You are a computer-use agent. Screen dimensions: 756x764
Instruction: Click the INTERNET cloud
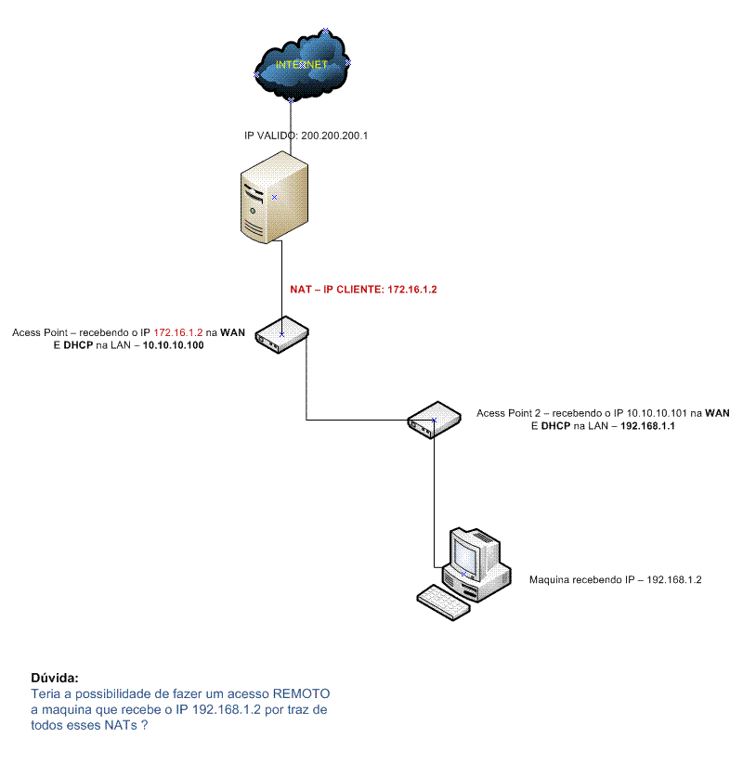pyautogui.click(x=302, y=66)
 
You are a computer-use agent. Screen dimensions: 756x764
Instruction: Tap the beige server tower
pyautogui.click(x=274, y=198)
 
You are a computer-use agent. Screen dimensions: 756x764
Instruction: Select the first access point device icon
pyautogui.click(x=281, y=335)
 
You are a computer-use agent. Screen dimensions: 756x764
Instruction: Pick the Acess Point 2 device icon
pyautogui.click(x=434, y=420)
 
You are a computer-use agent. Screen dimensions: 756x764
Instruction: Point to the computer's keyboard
pyautogui.click(x=444, y=602)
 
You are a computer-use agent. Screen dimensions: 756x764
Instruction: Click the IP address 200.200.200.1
pyautogui.click(x=334, y=136)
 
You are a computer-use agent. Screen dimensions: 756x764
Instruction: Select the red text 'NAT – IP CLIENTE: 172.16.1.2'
pyautogui.click(x=363, y=290)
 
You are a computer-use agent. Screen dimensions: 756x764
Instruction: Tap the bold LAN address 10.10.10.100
pyautogui.click(x=173, y=345)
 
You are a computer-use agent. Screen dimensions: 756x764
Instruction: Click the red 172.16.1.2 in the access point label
pyautogui.click(x=178, y=332)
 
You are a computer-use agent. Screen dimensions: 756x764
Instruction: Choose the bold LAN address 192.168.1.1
pyautogui.click(x=647, y=426)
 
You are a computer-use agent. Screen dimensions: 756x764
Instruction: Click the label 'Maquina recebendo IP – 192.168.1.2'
pyautogui.click(x=616, y=580)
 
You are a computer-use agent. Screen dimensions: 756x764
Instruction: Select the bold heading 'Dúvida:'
pyautogui.click(x=55, y=678)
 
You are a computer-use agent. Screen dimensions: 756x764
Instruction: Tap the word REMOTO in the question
pyautogui.click(x=301, y=693)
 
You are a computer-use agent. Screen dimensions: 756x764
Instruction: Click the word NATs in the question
pyautogui.click(x=121, y=725)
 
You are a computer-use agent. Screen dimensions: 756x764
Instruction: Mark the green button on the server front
pyautogui.click(x=253, y=211)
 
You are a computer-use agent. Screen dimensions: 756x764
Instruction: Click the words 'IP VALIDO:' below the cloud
pyautogui.click(x=270, y=136)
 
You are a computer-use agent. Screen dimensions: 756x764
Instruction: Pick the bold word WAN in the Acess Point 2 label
pyautogui.click(x=718, y=413)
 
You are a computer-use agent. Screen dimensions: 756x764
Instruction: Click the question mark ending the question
pyautogui.click(x=144, y=725)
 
